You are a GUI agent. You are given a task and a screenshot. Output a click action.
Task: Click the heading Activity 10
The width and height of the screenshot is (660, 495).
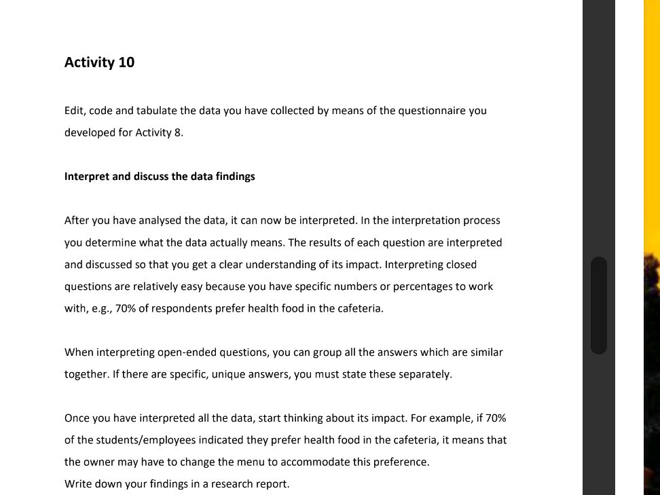click(99, 62)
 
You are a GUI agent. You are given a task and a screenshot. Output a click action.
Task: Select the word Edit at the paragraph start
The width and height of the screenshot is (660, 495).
click(74, 111)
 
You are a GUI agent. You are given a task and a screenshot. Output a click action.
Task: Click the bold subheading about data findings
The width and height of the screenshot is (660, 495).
click(160, 177)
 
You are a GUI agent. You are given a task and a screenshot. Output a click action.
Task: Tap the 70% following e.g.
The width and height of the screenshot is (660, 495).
click(126, 308)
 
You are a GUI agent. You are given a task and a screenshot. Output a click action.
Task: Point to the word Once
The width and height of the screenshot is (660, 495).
click(77, 418)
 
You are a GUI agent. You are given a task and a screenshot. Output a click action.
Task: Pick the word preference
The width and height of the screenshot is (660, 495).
click(400, 462)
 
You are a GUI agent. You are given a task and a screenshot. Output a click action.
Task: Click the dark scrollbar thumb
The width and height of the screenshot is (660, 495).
click(598, 305)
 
